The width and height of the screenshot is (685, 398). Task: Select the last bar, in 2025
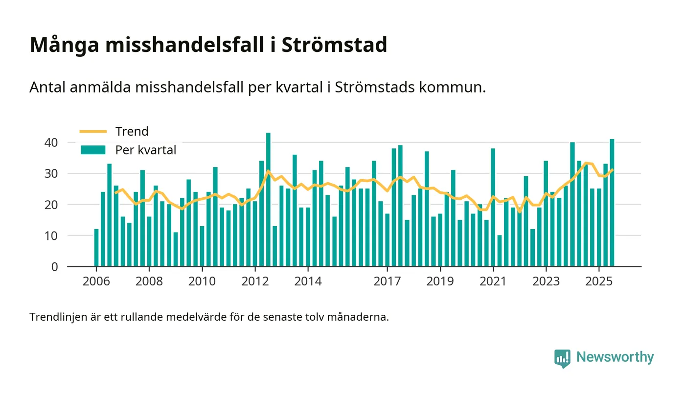point(612,203)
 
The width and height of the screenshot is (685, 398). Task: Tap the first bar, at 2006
point(96,248)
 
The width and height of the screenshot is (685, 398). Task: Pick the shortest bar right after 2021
point(500,251)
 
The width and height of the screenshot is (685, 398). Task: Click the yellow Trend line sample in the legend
point(93,132)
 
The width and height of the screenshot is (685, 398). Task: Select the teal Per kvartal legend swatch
point(93,150)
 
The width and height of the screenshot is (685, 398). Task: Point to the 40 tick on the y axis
point(51,142)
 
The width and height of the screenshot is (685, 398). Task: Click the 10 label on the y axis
point(51,235)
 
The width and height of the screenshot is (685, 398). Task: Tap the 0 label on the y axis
point(54,267)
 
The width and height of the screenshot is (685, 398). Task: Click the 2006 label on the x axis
point(96,282)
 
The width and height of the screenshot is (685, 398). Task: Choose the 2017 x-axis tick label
point(387,282)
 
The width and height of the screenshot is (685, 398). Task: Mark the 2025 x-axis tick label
point(599,282)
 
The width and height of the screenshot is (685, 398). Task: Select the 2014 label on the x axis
point(308,282)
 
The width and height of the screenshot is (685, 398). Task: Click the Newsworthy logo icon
point(563,358)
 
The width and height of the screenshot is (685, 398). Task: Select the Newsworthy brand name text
point(615,357)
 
